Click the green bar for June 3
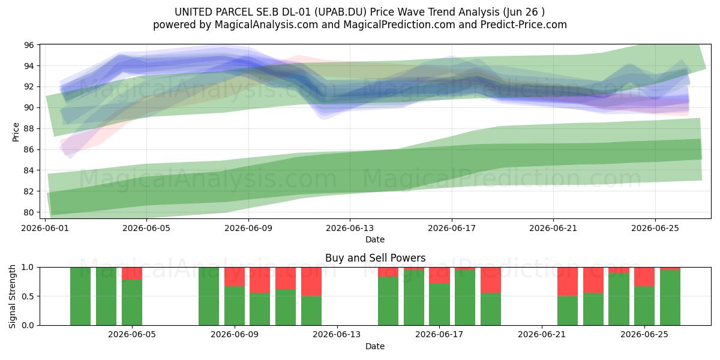pos(106,296)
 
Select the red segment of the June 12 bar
pos(311,281)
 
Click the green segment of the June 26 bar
pos(670,298)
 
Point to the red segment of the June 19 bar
pos(491,280)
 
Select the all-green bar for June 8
pos(209,296)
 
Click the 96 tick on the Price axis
pos(29,45)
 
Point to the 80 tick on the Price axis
pos(29,212)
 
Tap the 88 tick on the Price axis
pos(29,128)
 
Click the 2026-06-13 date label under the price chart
pos(350,228)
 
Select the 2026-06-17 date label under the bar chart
pos(439,335)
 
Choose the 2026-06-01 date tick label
pos(45,228)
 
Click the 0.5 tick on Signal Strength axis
pos(28,296)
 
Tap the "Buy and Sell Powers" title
pos(375,258)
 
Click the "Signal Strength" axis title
pos(12,296)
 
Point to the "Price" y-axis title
pos(16,132)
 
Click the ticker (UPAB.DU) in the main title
pos(340,12)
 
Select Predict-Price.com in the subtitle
pos(524,25)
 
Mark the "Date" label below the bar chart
pos(375,346)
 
